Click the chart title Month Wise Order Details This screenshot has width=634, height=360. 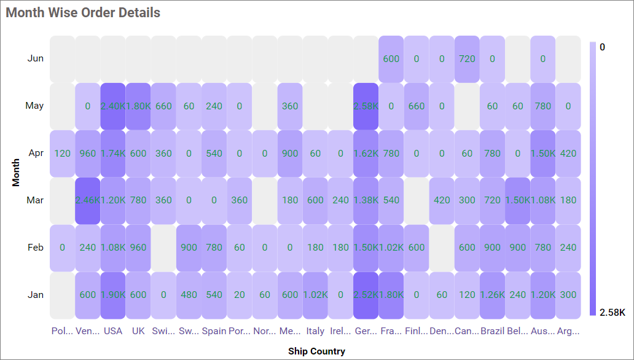(83, 13)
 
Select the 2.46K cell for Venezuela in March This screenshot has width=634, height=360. (88, 200)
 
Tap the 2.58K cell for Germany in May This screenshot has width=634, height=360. (366, 106)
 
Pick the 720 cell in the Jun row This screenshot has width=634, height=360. (467, 59)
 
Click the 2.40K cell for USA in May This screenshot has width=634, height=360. (113, 106)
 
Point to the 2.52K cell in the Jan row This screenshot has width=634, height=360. (366, 295)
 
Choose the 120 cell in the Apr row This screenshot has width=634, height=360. (62, 153)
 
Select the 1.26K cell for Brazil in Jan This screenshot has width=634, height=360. (492, 295)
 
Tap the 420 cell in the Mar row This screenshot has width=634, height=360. (442, 200)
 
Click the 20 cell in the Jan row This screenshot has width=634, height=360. (240, 295)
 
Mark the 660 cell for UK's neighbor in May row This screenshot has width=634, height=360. (163, 106)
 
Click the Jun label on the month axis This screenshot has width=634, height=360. (36, 58)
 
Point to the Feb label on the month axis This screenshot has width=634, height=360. (36, 248)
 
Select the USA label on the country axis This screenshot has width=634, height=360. (113, 331)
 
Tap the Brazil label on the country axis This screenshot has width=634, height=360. (492, 331)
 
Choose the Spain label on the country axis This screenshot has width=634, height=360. (214, 331)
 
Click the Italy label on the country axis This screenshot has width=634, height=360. (315, 331)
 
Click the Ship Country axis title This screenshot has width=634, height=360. (316, 351)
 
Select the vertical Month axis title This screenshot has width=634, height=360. (17, 172)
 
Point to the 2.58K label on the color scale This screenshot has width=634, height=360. (612, 313)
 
